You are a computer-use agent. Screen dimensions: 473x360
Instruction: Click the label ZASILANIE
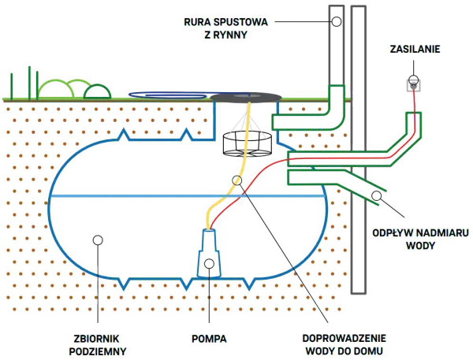[x=415, y=49]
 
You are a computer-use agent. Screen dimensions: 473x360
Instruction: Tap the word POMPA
[x=209, y=339]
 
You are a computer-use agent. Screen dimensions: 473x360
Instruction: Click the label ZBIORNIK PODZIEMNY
[x=98, y=345]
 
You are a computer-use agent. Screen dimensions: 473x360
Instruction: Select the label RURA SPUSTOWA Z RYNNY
[x=225, y=28]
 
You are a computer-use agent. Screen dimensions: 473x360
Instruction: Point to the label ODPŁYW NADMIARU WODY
[x=420, y=239]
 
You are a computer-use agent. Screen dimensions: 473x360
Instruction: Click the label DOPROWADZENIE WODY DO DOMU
[x=345, y=344]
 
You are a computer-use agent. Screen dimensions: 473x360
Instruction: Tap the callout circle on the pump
[x=209, y=264]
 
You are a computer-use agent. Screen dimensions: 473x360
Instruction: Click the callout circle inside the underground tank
[x=98, y=240]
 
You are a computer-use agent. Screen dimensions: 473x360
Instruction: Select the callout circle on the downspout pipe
[x=337, y=22]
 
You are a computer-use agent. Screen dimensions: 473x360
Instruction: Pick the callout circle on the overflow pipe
[x=376, y=195]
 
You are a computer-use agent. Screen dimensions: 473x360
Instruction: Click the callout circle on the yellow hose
[x=237, y=180]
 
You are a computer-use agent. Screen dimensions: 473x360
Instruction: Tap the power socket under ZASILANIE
[x=414, y=85]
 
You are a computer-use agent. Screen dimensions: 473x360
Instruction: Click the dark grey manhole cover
[x=246, y=97]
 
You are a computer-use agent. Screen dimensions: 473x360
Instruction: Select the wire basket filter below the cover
[x=248, y=144]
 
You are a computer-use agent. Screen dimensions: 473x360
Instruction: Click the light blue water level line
[x=187, y=196]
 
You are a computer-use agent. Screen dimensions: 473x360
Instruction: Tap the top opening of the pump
[x=209, y=230]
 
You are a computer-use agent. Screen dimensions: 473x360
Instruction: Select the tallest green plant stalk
[x=30, y=83]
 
